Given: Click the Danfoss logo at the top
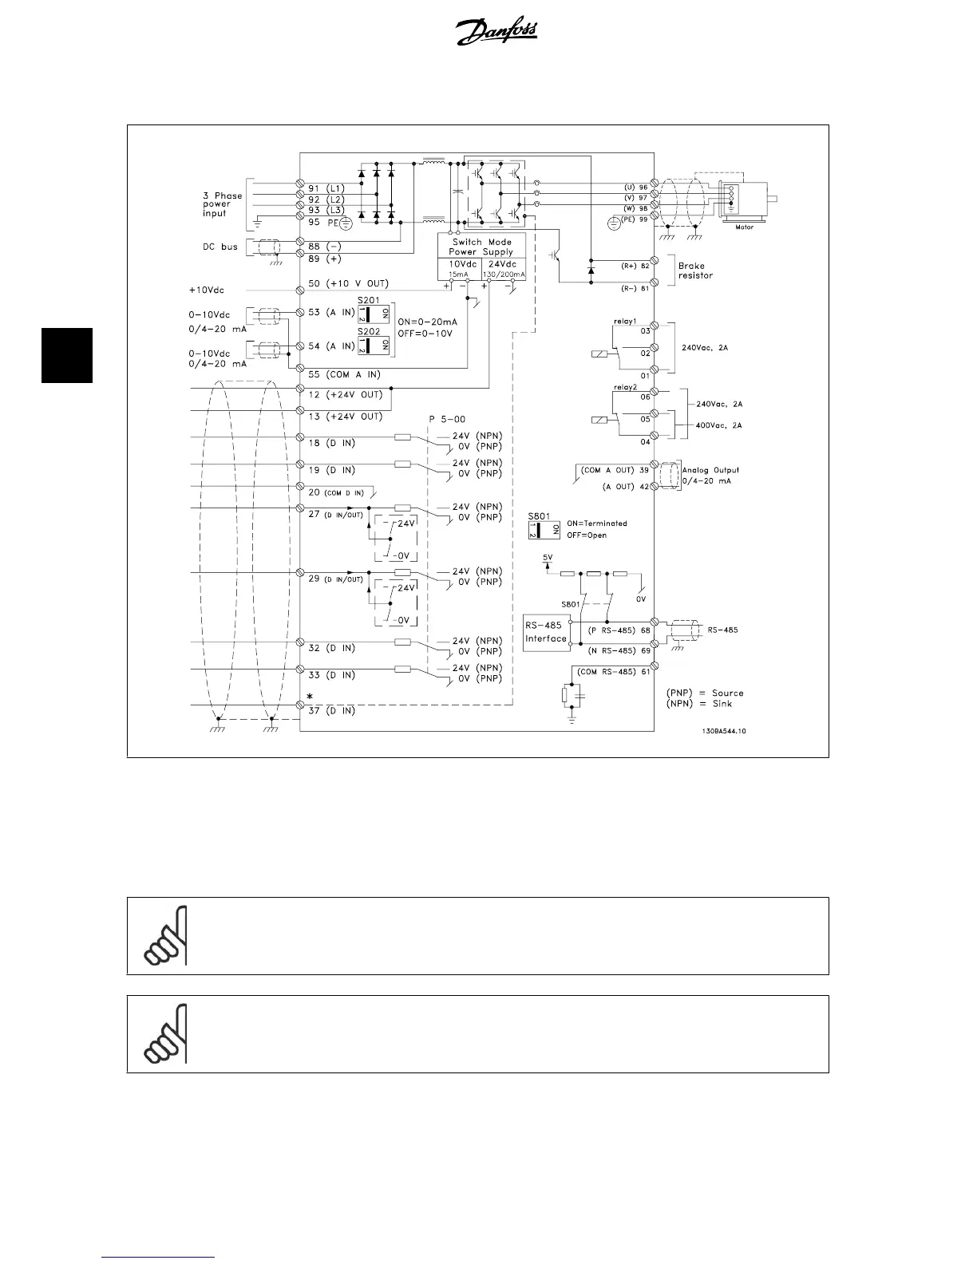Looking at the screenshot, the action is [x=496, y=33].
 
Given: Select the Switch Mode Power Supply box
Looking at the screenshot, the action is [x=481, y=247].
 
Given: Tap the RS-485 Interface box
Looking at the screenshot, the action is [x=546, y=632].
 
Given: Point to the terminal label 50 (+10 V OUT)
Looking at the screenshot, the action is [x=349, y=284].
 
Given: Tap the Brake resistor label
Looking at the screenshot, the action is [x=695, y=271].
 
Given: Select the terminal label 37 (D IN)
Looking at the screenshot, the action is [x=331, y=710].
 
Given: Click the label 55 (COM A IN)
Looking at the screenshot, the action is [x=344, y=374].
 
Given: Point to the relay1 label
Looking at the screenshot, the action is [x=625, y=321].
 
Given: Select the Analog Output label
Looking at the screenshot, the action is [x=710, y=470].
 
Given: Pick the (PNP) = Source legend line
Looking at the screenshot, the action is [x=705, y=693].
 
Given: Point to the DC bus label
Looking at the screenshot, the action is [x=220, y=247].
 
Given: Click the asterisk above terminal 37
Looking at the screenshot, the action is [x=310, y=697].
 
